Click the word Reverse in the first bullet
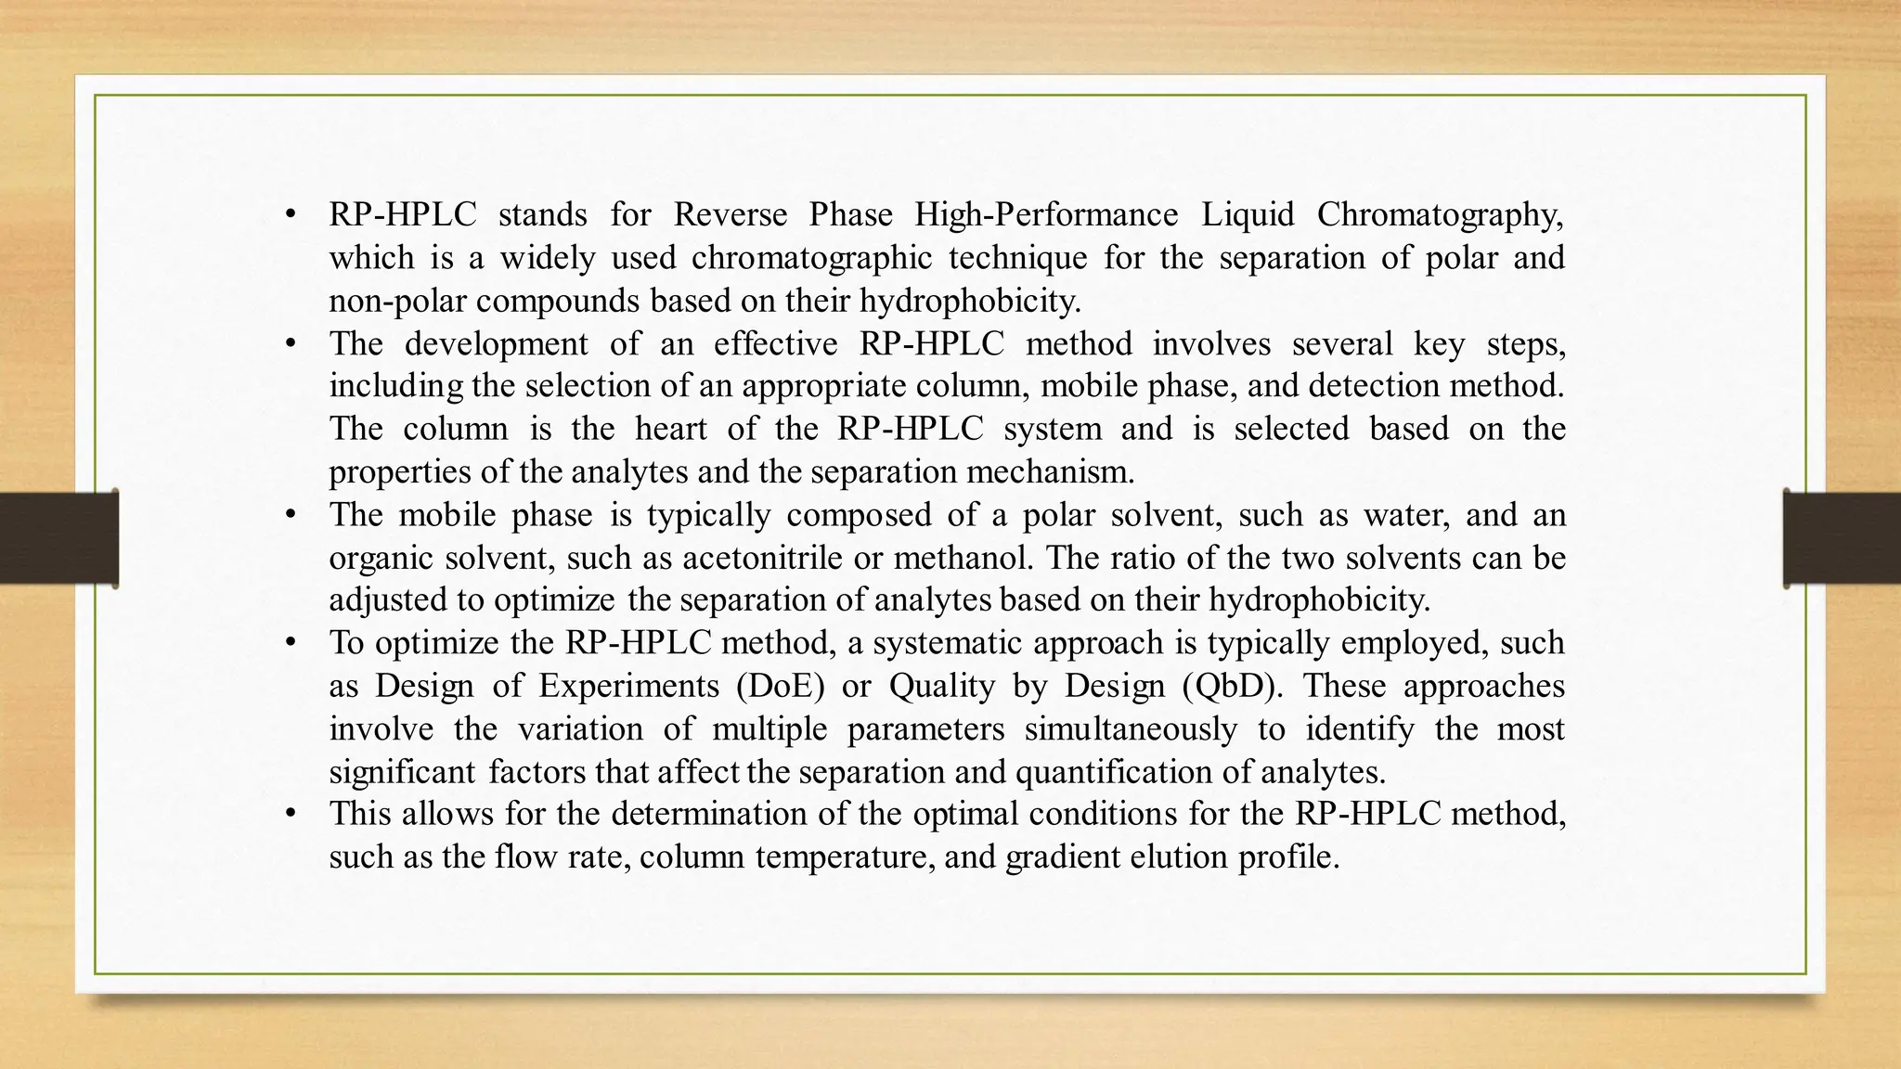[x=730, y=214]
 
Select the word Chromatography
[x=1440, y=214]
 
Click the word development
[x=496, y=343]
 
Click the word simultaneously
[x=1131, y=728]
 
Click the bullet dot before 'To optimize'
[x=291, y=642]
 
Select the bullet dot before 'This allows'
[x=291, y=814]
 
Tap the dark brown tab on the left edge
[x=58, y=538]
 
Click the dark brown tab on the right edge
[x=1842, y=538]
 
